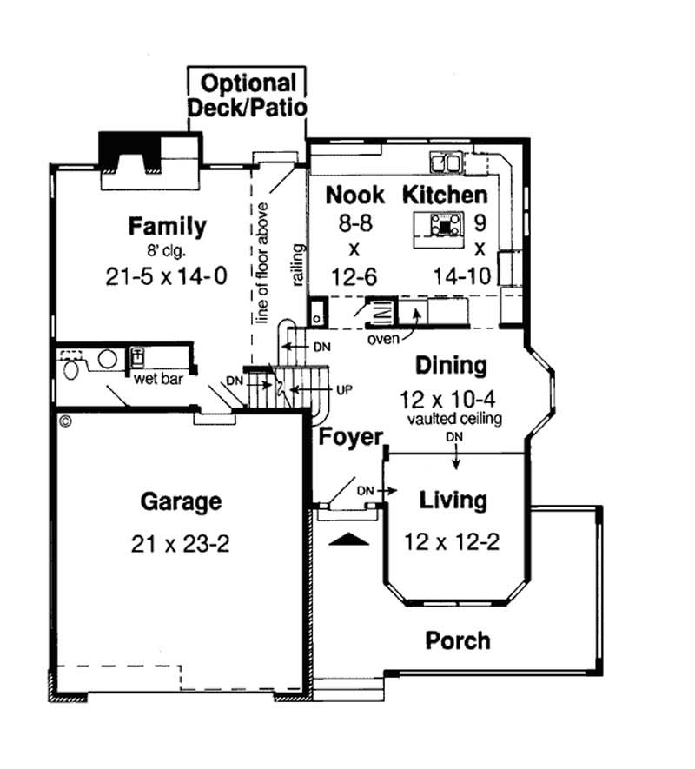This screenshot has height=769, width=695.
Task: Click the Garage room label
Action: coord(181,501)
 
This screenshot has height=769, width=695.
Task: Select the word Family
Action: coord(168,227)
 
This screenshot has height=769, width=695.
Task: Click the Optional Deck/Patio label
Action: coord(248,96)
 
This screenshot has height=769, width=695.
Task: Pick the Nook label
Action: coord(354,195)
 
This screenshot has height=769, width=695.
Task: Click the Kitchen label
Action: coord(444,195)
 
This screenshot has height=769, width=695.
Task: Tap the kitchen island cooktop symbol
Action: coord(446,226)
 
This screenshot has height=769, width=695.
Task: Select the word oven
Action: coord(383,337)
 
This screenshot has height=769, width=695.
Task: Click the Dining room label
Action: coord(450,365)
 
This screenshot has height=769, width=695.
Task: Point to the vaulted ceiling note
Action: coord(453,419)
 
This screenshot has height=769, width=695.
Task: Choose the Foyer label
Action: coord(350,435)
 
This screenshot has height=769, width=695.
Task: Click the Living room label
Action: coord(453,501)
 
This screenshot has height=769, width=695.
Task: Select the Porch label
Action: coord(457,641)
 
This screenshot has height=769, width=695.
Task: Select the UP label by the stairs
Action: coord(343,389)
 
